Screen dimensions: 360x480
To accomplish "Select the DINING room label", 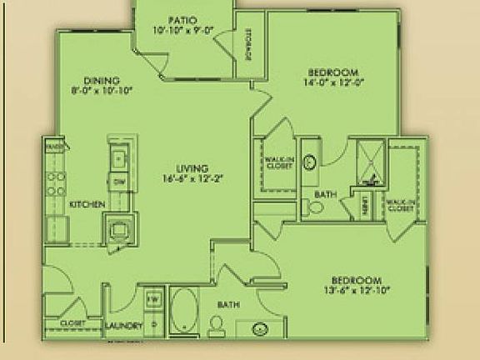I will tap(102, 80).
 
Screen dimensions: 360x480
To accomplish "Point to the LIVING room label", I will tap(193, 167).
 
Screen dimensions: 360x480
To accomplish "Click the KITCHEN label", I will tap(87, 204).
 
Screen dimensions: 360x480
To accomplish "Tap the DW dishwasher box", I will tap(119, 182).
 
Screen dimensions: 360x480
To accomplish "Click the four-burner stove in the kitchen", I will tap(56, 183).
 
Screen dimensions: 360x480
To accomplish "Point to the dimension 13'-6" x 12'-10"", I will tap(356, 290).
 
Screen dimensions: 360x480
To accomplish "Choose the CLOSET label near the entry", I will tap(72, 322).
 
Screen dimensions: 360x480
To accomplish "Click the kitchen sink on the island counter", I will tap(118, 157).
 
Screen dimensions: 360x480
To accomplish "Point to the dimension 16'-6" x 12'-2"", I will tap(193, 177).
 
